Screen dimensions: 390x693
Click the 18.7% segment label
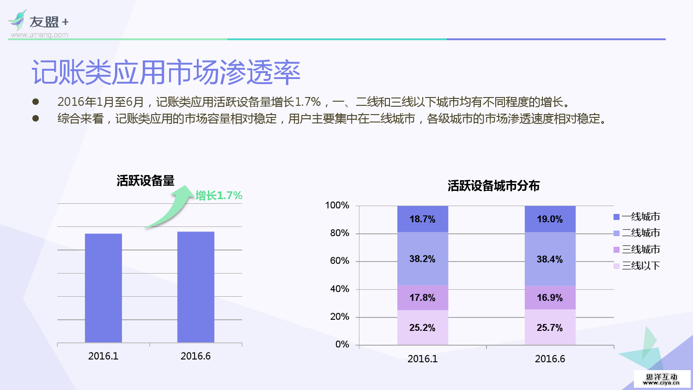tap(422, 219)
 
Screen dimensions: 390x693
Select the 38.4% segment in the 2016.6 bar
tap(550, 259)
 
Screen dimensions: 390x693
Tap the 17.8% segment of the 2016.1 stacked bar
tap(422, 298)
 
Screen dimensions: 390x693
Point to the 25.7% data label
tap(550, 328)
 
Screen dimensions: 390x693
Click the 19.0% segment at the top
tap(550, 219)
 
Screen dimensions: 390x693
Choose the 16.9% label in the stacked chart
tap(550, 298)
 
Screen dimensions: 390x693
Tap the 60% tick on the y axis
tap(340, 261)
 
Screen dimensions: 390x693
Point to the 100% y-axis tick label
tap(337, 205)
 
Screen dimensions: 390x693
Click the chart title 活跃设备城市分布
tap(493, 186)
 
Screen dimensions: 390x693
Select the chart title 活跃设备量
tap(146, 181)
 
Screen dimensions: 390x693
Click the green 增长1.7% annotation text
tap(219, 195)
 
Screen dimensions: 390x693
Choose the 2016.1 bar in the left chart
tap(103, 288)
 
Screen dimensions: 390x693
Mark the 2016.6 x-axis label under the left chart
tap(195, 356)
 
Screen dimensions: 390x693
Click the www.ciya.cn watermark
tap(662, 379)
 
